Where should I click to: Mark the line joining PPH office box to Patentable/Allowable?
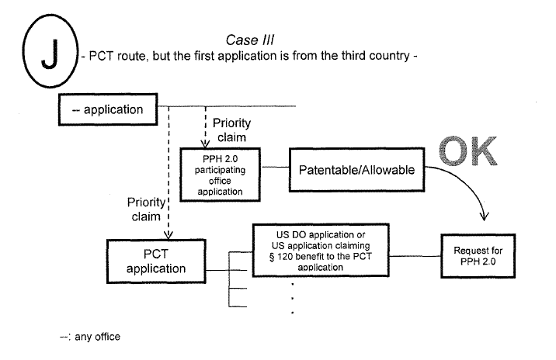coord(273,168)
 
